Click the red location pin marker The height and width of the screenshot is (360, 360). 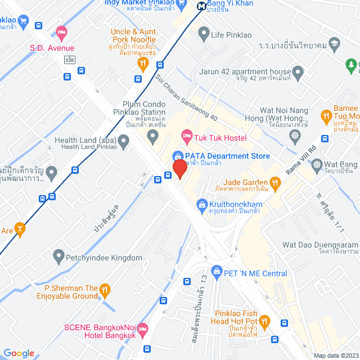click(179, 168)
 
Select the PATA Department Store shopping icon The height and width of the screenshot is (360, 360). click(177, 156)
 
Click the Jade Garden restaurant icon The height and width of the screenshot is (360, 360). click(274, 182)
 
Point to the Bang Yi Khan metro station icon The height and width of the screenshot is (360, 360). click(201, 6)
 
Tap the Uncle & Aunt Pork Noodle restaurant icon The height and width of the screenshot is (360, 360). click(142, 63)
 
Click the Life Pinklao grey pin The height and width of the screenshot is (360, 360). click(204, 35)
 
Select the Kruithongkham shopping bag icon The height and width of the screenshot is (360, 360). click(201, 204)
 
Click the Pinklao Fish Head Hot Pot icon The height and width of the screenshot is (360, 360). click(265, 321)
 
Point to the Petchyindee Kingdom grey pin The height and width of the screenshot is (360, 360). click(58, 258)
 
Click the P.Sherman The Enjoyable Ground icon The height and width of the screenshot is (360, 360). click(105, 291)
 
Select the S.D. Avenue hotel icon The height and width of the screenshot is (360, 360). click(61, 34)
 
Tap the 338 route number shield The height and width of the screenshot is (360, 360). click(69, 59)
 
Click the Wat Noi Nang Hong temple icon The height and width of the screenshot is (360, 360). click(294, 135)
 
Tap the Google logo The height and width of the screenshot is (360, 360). click(19, 353)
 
